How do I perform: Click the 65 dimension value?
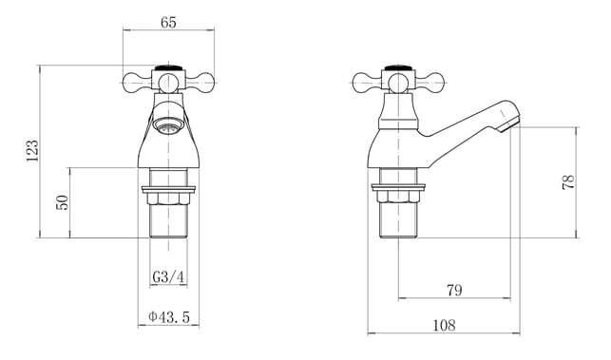(168, 23)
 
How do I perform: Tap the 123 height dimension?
(32, 151)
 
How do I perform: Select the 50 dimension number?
(62, 202)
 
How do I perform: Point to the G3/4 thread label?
(168, 277)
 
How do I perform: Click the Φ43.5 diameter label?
(169, 316)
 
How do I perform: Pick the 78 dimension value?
(568, 182)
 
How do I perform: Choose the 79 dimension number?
(454, 291)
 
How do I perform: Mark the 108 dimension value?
(444, 325)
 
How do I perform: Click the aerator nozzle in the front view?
(167, 126)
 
